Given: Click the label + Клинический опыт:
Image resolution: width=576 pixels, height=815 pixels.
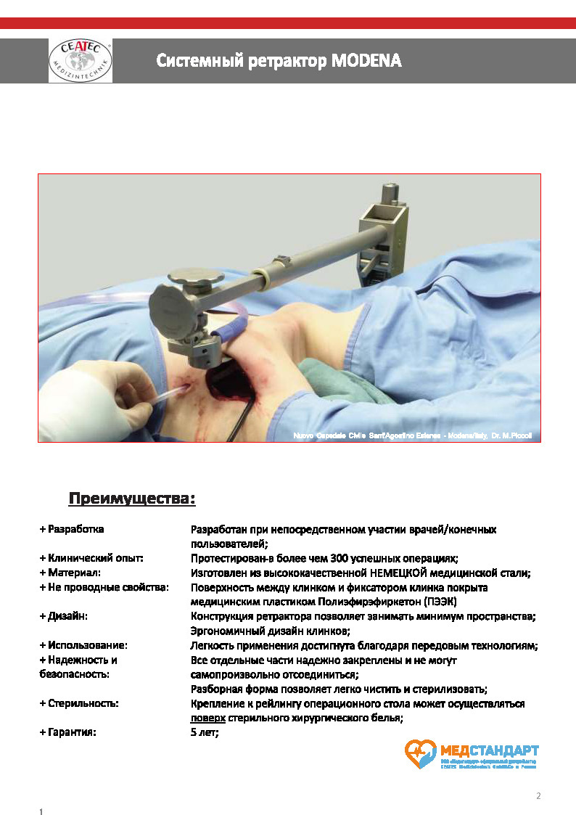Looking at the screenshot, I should (92, 558).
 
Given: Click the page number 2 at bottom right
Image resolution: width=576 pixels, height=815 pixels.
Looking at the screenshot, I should (538, 795).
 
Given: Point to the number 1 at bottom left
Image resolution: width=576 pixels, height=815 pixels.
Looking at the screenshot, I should (41, 810).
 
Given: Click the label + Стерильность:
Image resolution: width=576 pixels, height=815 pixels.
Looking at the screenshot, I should (79, 703).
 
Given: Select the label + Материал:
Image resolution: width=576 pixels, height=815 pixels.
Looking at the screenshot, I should (73, 573).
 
